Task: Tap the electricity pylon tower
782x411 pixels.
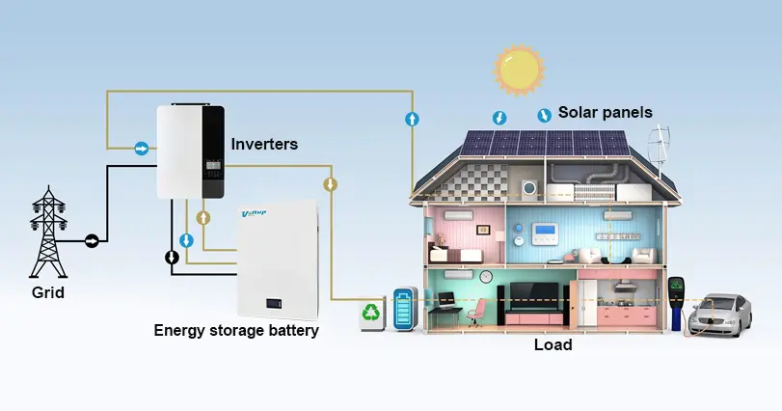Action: coord(46,233)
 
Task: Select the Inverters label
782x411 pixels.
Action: coord(264,144)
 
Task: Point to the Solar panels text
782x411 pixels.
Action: coord(606,113)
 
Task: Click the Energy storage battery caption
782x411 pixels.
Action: coord(236,331)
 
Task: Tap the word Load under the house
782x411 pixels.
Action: coord(553,344)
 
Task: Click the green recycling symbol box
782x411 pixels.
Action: coord(372,314)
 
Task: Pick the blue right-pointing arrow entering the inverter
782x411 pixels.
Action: coord(142,149)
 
